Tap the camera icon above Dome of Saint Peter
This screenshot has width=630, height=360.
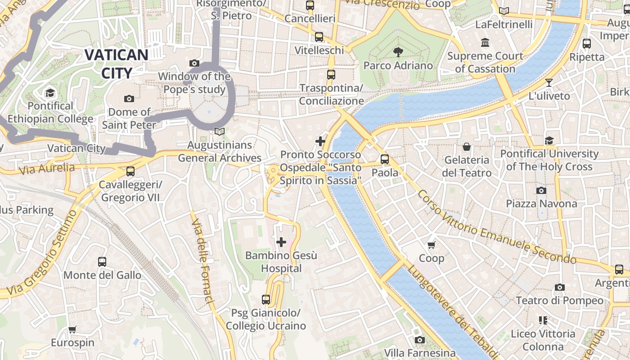[129, 99]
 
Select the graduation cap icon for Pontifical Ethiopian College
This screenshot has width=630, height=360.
[50, 93]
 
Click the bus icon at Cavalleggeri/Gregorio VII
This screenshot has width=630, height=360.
[130, 171]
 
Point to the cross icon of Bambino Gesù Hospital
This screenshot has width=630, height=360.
[281, 243]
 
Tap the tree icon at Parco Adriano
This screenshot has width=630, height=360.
[398, 52]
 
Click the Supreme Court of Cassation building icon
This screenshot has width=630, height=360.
[485, 43]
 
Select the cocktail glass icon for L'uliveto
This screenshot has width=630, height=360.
[549, 83]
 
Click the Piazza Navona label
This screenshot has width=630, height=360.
[541, 204]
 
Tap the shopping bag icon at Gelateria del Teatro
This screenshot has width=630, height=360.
[467, 147]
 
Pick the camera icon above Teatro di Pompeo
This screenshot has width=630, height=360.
[560, 287]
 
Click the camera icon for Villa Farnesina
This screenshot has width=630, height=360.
[420, 340]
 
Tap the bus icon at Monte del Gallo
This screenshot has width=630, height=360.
[102, 262]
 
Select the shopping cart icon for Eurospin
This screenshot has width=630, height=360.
[72, 329]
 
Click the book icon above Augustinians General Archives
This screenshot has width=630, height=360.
[219, 132]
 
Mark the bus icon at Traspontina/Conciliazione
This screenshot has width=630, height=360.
[331, 75]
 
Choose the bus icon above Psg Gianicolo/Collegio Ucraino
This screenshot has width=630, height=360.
[266, 300]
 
